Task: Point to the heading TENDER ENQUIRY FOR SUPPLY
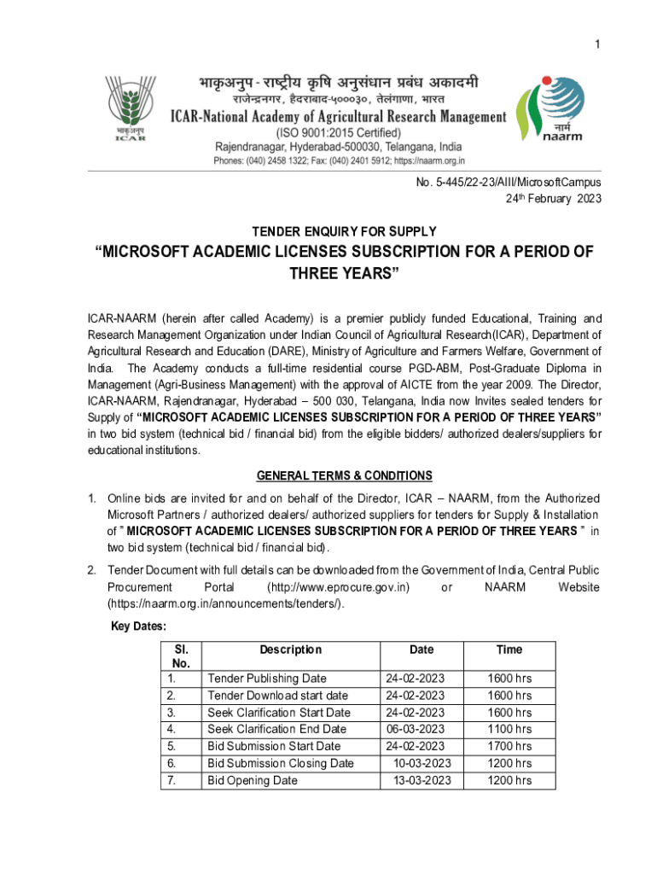pos(345,231)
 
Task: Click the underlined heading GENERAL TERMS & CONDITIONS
pos(345,475)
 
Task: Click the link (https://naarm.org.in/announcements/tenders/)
pos(226,604)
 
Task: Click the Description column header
pos(290,650)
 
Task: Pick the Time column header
pos(509,650)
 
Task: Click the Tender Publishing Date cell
pos(267,679)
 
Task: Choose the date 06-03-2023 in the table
pos(416,729)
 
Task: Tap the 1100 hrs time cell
pos(509,729)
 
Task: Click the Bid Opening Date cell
pos(253,780)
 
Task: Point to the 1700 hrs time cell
pos(509,746)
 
